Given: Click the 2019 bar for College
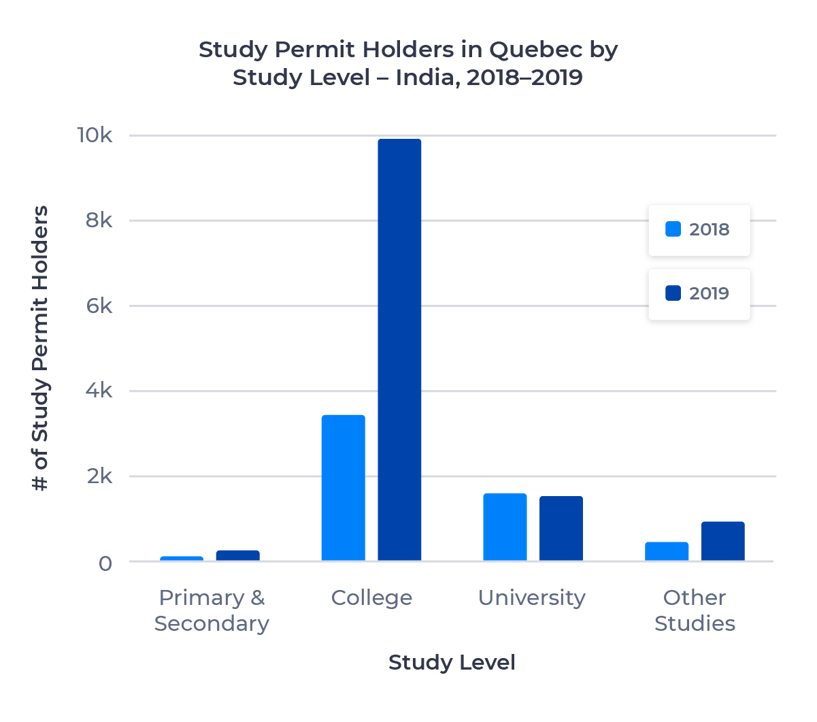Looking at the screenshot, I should (x=399, y=350).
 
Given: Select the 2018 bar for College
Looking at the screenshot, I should (x=343, y=487).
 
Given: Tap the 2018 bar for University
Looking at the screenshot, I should (x=505, y=527).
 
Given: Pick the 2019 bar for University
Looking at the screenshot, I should (x=561, y=528).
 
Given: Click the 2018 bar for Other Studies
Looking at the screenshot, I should (x=667, y=551).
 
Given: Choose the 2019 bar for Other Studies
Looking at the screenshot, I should (x=723, y=541).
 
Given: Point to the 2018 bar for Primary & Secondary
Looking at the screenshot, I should (x=182, y=559).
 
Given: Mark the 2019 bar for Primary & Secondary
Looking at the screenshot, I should (x=237, y=555).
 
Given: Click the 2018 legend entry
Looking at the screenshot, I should (x=699, y=230).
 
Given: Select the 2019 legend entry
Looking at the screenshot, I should (x=699, y=294).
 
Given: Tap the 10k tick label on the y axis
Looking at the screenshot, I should (x=95, y=135).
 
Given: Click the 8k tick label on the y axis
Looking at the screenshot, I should (x=99, y=220).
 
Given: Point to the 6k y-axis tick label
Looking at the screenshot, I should (x=99, y=306).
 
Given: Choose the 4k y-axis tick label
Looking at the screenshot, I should (x=99, y=391).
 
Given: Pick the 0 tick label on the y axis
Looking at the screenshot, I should (x=105, y=563).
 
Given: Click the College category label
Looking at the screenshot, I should (x=371, y=598).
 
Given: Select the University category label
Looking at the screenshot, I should (x=531, y=598).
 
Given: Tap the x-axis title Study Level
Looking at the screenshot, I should (x=452, y=663).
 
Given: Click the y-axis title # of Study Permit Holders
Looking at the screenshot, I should (x=41, y=348).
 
